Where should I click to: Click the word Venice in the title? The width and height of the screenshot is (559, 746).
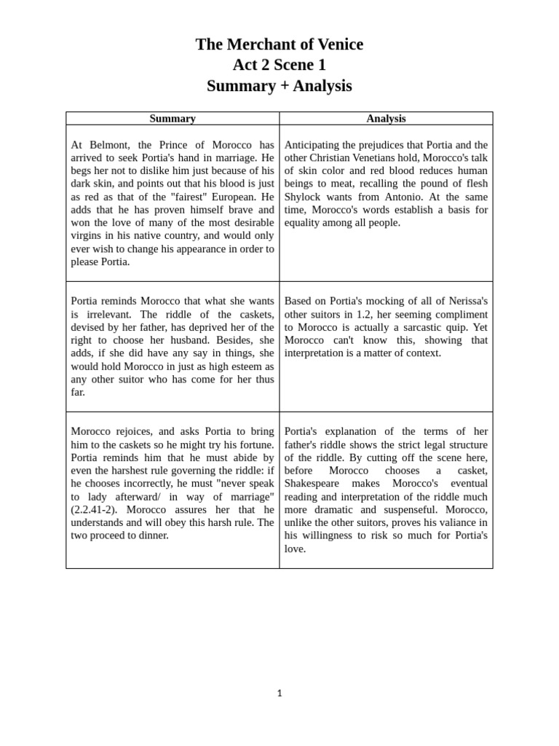336,44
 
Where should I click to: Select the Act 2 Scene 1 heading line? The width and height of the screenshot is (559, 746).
279,65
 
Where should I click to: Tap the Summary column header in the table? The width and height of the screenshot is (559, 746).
173,119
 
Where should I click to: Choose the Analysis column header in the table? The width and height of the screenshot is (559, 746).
386,119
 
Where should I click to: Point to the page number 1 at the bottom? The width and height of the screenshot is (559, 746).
279,693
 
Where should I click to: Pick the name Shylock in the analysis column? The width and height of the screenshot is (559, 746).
304,197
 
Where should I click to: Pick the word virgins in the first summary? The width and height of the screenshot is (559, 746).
89,236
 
